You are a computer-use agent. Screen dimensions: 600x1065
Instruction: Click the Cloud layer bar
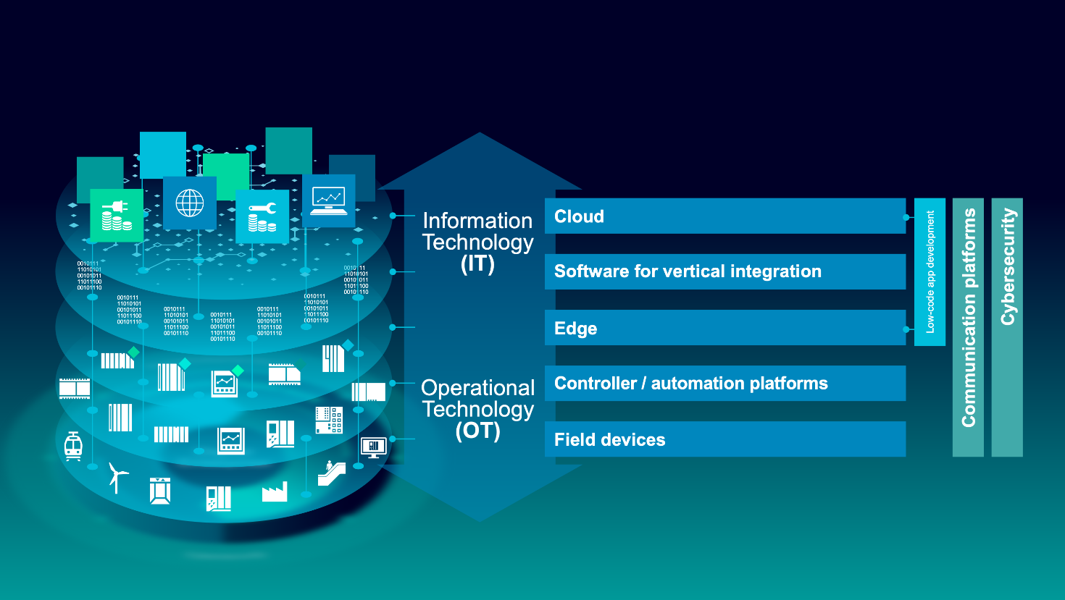724,216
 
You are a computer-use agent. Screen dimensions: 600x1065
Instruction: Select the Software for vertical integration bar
724,271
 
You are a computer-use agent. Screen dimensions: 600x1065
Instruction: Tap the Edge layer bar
724,328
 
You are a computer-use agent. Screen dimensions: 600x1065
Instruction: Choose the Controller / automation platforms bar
724,384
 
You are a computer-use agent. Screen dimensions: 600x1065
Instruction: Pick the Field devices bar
724,439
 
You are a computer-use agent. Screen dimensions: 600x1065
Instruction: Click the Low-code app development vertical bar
930,271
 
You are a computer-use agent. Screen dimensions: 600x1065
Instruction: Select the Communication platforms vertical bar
968,327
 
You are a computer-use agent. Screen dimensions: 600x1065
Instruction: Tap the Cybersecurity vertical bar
1007,327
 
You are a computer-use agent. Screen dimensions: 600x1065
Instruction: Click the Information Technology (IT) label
477,242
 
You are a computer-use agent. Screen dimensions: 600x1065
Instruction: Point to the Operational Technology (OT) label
477,409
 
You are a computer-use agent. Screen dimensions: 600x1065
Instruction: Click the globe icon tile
190,203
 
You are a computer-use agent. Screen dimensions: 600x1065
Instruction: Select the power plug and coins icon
117,216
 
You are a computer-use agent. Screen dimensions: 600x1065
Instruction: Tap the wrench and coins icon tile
262,216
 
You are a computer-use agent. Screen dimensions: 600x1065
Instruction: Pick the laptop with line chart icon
328,200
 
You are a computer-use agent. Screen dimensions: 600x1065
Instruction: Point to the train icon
73,446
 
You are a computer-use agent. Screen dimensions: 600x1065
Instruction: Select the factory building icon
275,493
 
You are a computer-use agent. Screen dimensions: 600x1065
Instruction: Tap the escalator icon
331,473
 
